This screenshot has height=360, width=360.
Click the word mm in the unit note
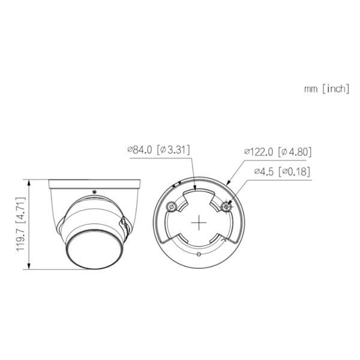pos(310,89)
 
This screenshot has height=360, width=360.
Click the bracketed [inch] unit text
pos(335,89)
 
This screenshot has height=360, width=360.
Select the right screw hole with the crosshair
pos(226,206)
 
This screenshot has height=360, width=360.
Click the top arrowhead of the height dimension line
pos(29,181)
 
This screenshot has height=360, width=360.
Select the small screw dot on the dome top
pos(94,191)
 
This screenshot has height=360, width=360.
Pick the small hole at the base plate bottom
pos(199,254)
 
